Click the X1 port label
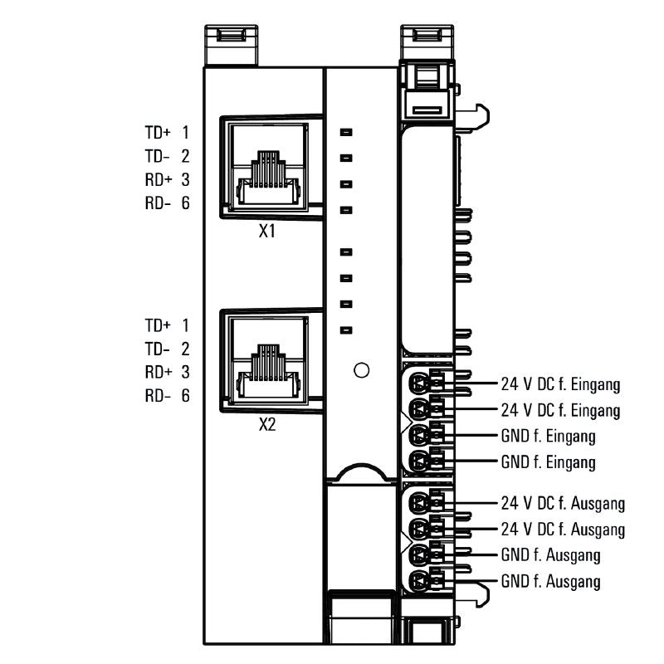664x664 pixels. coord(266,232)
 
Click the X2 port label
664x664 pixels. coord(266,426)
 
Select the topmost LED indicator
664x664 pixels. coord(347,131)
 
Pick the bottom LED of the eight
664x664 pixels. coord(347,330)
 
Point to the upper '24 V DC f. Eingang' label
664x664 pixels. coord(560,384)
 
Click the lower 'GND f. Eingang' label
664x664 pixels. coord(548,461)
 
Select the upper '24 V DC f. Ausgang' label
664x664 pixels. coord(563,503)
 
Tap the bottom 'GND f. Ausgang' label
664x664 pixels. coord(550,581)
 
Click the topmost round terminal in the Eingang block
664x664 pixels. coord(420,383)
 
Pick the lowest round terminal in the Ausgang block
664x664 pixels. coord(420,580)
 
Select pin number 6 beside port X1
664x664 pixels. coord(185,203)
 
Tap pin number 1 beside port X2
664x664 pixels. coord(185,325)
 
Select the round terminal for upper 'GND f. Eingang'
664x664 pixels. coord(420,435)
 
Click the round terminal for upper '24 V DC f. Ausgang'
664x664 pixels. coord(420,503)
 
